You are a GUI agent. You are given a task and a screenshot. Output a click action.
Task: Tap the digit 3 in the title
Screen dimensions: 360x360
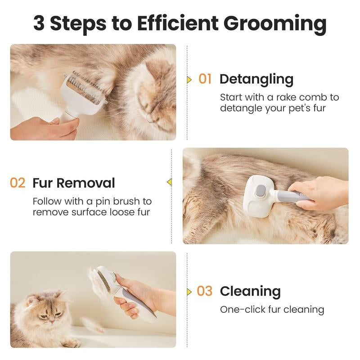click(39, 23)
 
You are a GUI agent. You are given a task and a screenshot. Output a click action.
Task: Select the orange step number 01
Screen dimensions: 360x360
click(205, 79)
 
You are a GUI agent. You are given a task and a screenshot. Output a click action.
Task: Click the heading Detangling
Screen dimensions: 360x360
click(256, 79)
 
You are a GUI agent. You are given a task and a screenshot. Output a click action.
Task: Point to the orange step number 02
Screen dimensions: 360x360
click(18, 183)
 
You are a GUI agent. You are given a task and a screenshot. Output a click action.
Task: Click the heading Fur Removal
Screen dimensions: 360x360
click(74, 183)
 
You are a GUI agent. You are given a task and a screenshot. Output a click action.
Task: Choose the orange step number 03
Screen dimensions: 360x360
click(204, 291)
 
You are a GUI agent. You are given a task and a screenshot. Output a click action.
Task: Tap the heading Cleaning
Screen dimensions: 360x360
click(250, 291)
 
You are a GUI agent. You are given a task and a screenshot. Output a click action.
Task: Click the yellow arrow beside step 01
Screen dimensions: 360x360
click(189, 80)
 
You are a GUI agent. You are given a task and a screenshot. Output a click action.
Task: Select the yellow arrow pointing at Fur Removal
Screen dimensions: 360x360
click(170, 182)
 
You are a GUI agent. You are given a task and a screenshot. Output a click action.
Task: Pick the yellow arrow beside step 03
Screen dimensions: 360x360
click(189, 291)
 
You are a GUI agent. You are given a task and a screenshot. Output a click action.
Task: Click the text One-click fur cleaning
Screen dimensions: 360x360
click(272, 310)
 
